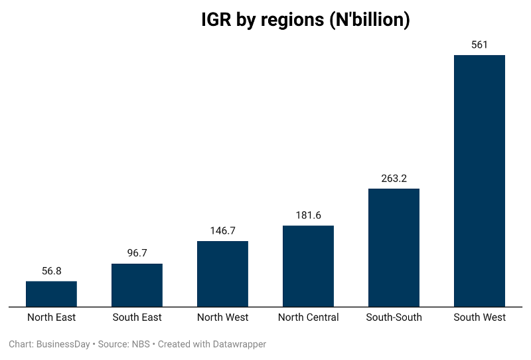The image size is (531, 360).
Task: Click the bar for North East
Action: (x=51, y=294)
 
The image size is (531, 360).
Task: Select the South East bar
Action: (x=137, y=286)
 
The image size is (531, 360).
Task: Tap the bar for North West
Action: (x=222, y=274)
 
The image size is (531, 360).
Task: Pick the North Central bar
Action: (x=308, y=266)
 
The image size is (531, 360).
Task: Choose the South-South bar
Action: (x=394, y=248)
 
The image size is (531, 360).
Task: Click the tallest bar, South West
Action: (x=479, y=181)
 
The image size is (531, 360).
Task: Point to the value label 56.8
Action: (x=51, y=271)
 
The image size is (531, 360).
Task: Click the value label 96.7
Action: (x=137, y=254)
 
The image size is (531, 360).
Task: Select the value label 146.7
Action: (x=222, y=230)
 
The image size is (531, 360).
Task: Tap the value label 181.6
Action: (x=308, y=215)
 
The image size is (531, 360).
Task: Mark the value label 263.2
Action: (x=394, y=178)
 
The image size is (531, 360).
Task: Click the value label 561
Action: (x=479, y=45)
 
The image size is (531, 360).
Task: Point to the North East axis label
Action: (x=51, y=317)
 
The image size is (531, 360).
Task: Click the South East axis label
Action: (x=137, y=317)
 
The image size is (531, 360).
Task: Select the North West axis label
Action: (x=222, y=317)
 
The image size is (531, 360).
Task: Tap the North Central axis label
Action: (x=308, y=317)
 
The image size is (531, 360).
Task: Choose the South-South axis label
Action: (x=394, y=317)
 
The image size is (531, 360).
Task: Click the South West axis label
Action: (x=479, y=317)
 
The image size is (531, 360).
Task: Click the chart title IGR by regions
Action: (x=305, y=20)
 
